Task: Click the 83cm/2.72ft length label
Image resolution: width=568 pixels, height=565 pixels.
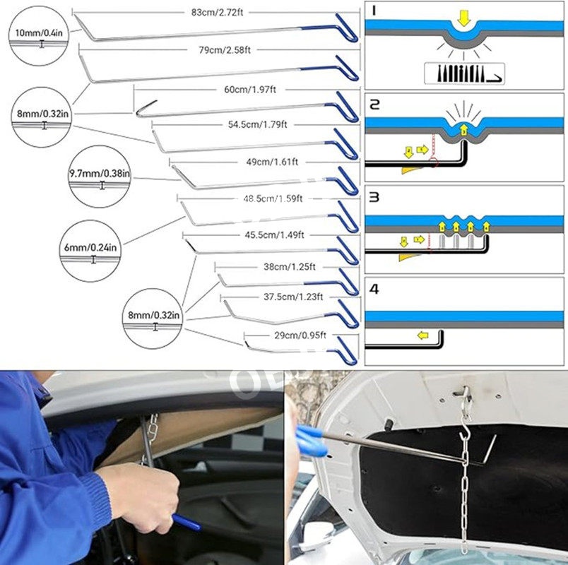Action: pyautogui.click(x=217, y=12)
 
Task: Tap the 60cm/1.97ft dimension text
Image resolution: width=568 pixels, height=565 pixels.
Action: pyautogui.click(x=250, y=89)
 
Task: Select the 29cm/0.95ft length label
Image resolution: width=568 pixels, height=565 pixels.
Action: pyautogui.click(x=300, y=335)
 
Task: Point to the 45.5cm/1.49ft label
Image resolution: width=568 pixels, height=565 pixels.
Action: pyautogui.click(x=274, y=235)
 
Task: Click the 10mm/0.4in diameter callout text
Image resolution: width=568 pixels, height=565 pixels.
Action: pyautogui.click(x=39, y=33)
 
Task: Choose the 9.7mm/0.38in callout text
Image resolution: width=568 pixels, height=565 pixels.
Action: pyautogui.click(x=100, y=174)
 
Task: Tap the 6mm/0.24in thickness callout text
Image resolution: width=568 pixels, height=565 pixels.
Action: pyautogui.click(x=90, y=248)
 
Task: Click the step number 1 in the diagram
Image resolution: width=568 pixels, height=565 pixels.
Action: pyautogui.click(x=374, y=11)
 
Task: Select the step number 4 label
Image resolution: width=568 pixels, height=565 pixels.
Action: pyautogui.click(x=374, y=289)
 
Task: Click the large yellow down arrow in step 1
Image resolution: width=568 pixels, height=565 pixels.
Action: pyautogui.click(x=463, y=18)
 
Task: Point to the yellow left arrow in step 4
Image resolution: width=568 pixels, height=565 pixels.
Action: pyautogui.click(x=422, y=335)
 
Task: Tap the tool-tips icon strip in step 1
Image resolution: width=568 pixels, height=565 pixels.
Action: pyautogui.click(x=464, y=74)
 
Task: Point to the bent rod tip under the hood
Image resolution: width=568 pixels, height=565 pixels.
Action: pyautogui.click(x=487, y=451)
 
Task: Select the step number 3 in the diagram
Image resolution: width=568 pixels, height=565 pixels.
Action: pyautogui.click(x=374, y=197)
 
